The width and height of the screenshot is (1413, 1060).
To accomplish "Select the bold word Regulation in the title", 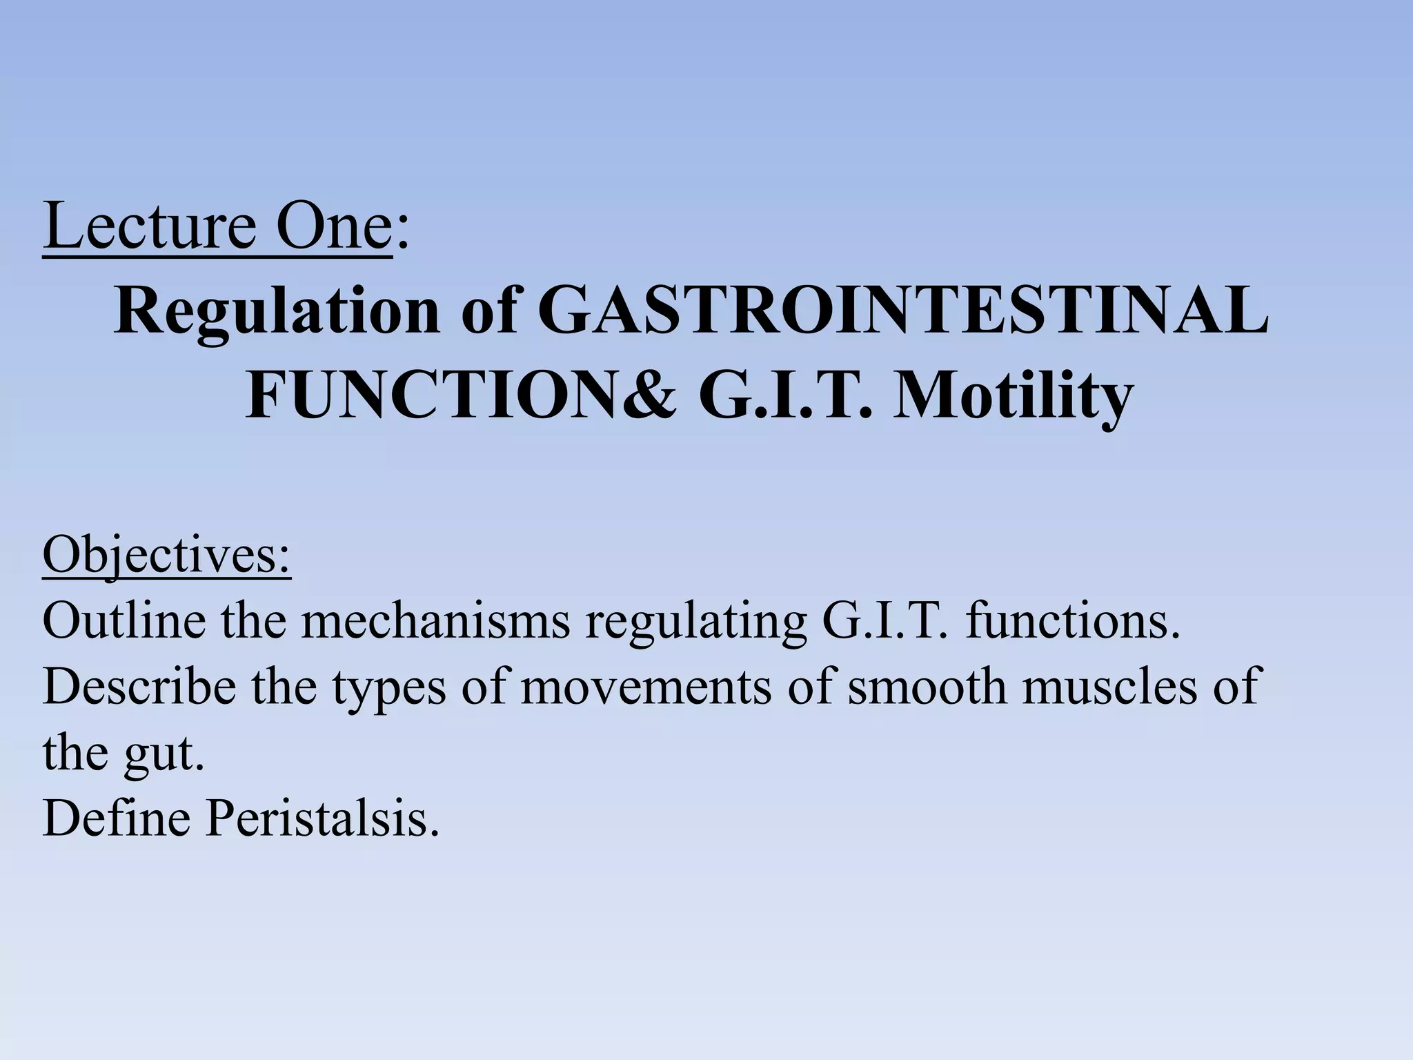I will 277,312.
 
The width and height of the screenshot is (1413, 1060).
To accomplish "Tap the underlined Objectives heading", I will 167,555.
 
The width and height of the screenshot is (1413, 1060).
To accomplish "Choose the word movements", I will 645,688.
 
